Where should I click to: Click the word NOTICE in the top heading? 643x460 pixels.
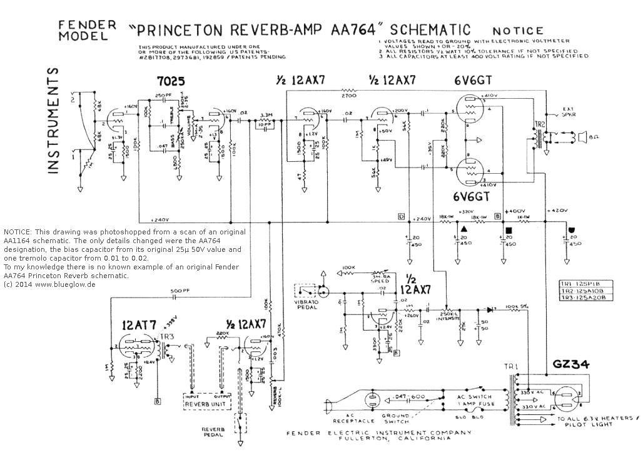tap(518, 30)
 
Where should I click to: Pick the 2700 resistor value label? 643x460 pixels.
tap(348, 96)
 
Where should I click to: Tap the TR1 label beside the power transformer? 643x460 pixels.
tap(510, 365)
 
